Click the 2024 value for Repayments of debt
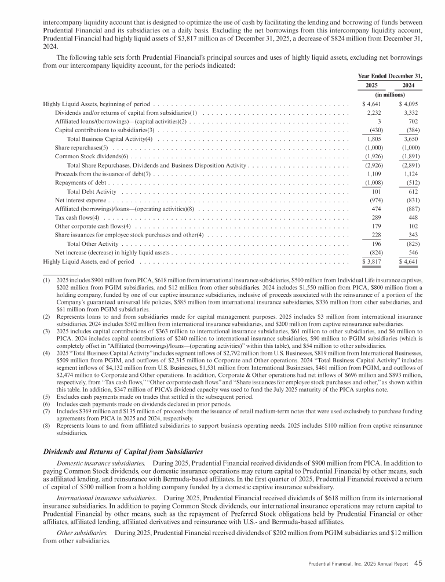[x=412, y=183]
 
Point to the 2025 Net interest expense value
[x=369, y=200]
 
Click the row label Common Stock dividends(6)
[x=91, y=157]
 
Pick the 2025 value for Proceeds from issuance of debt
[x=369, y=174]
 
